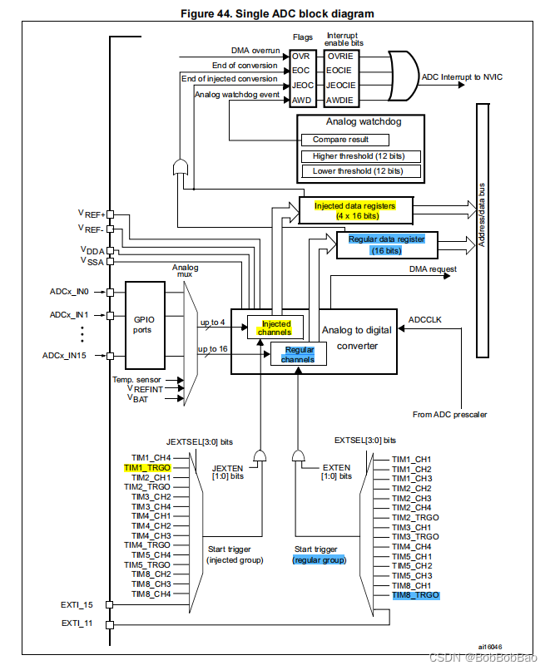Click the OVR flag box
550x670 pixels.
coord(300,55)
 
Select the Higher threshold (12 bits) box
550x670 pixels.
coord(360,156)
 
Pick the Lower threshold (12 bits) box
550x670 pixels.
coord(360,171)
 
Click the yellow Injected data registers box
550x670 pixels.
coord(354,210)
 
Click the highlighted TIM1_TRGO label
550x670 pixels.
coord(147,468)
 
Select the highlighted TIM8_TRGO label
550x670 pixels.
coord(415,595)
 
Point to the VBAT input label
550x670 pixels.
coord(138,398)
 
